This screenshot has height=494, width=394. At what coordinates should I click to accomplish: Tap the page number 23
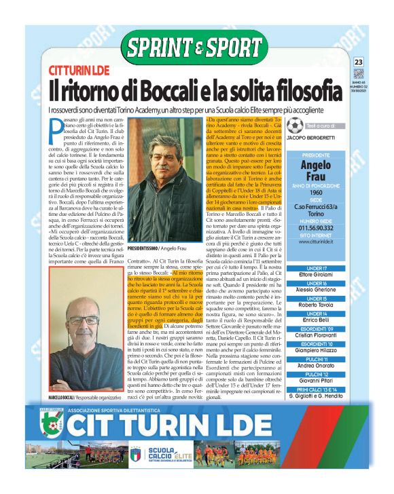coord(359,62)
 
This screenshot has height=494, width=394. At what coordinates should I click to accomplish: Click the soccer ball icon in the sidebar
coord(295,126)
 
